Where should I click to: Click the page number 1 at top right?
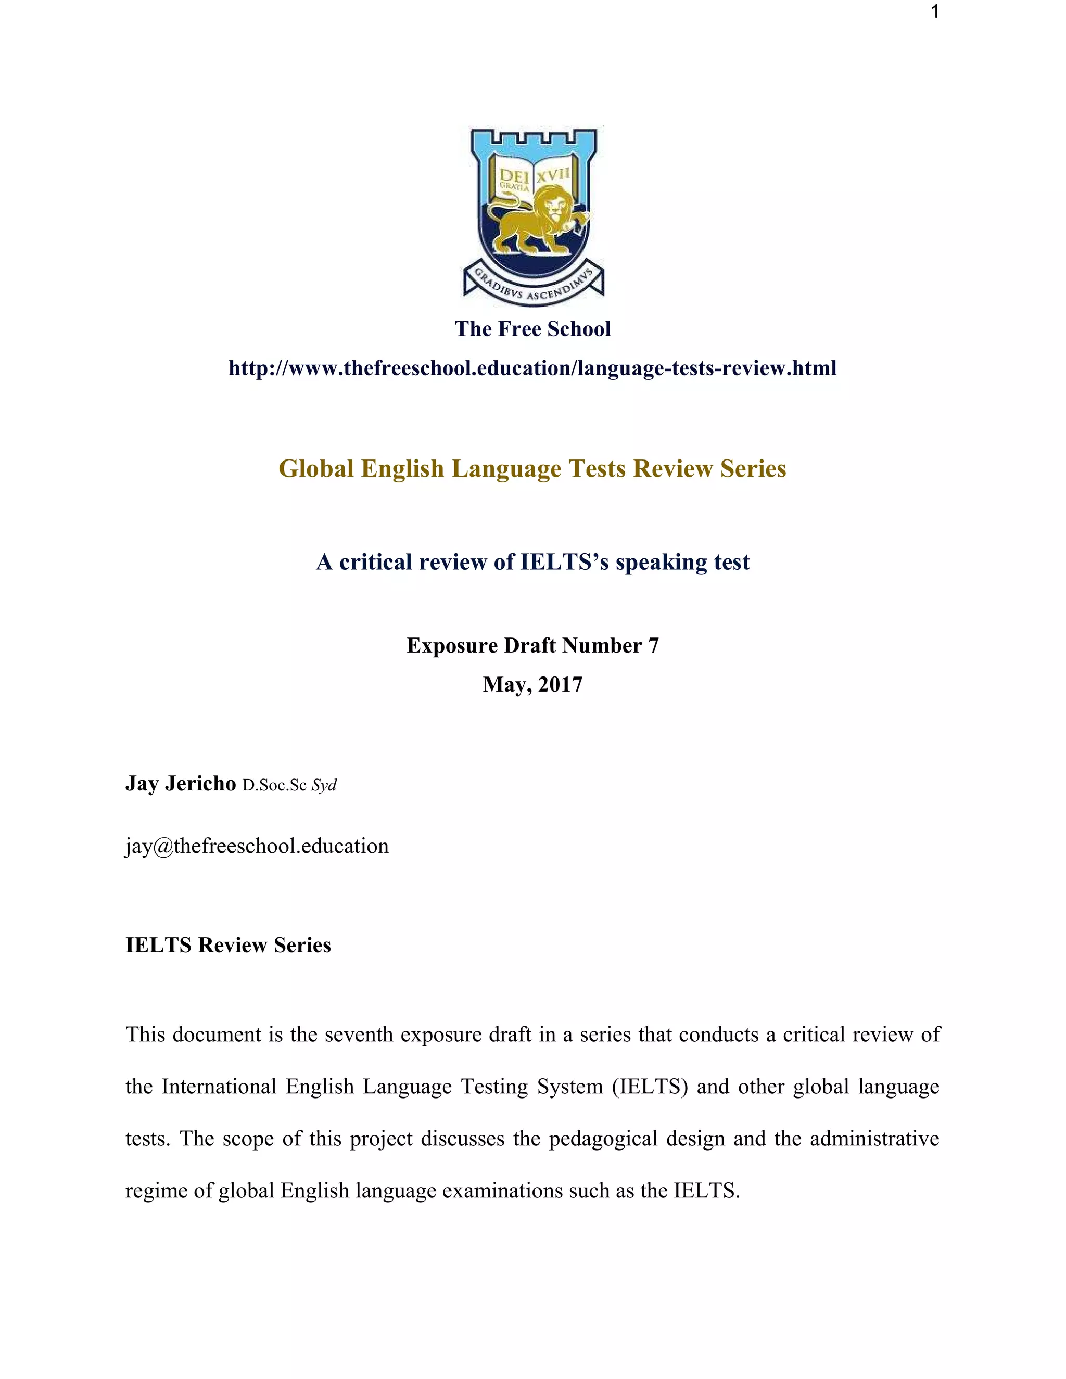(935, 12)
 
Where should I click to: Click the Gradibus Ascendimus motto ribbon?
(534, 285)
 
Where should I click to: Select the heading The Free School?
(532, 329)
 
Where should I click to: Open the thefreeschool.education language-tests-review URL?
(532, 368)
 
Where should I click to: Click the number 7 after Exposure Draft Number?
(653, 645)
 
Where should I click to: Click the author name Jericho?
(200, 784)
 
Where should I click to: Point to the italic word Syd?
(324, 785)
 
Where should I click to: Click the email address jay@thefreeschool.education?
(257, 846)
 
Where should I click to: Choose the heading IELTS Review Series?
(228, 944)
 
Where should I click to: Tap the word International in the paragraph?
(219, 1087)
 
